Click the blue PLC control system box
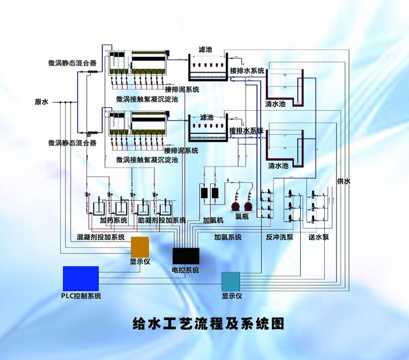pos(81,278)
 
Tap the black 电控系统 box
pos(186,256)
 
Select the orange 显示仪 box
pos(140,247)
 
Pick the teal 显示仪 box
pos(231,281)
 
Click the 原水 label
pos(42,102)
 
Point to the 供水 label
pos(344,181)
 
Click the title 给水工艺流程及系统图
pos(209,324)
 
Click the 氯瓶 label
pos(242,216)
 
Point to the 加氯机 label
pos(213,221)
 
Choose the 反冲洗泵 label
pos(279,237)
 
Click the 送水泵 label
pos(319,237)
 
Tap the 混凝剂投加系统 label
pos(101,237)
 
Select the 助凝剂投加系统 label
pos(162,221)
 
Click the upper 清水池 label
pos(276,104)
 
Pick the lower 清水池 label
pos(278,165)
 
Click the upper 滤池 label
pos(206,49)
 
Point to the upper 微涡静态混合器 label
pos(72,63)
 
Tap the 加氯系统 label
pos(228,237)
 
